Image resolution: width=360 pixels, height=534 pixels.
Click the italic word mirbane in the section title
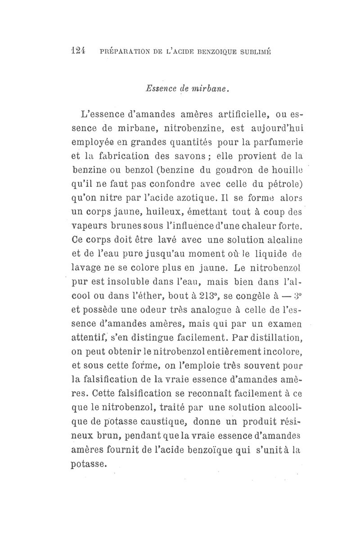[x=213, y=89]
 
